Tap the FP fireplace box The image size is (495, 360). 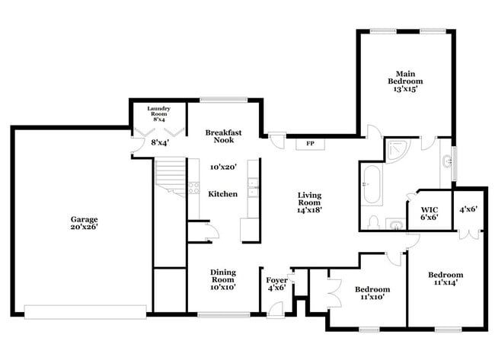click(x=311, y=143)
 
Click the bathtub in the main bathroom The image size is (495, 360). click(x=372, y=186)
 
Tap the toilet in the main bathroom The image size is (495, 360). click(x=373, y=221)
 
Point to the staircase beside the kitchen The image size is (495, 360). click(x=171, y=179)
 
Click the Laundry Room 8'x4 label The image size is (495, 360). click(x=160, y=113)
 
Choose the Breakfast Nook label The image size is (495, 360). click(x=223, y=135)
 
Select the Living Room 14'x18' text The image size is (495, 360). click(x=310, y=204)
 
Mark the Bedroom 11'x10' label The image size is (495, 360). click(x=372, y=293)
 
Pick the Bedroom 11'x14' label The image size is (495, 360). click(x=445, y=279)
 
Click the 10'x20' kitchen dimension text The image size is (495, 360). click(x=224, y=167)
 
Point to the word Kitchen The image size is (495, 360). click(x=223, y=194)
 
